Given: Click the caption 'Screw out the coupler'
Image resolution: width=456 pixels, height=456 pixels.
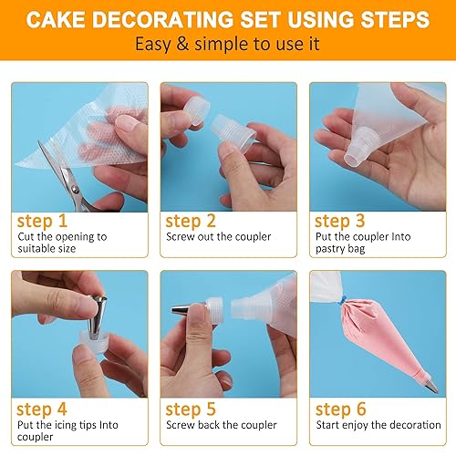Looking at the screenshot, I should tap(218, 237).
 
